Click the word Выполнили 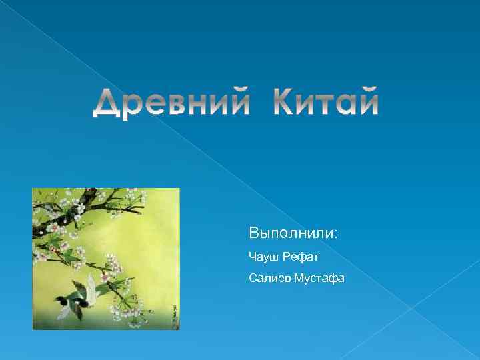click(292, 234)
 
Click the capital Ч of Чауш click(251, 256)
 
